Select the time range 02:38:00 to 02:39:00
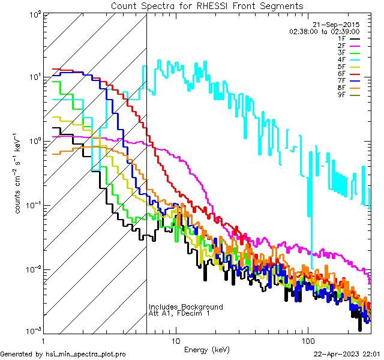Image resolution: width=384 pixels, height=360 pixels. tap(325, 31)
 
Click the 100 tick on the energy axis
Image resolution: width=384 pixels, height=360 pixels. tap(307, 340)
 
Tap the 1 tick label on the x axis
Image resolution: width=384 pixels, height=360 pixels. tap(45, 340)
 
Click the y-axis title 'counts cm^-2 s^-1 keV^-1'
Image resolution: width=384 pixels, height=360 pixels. tap(19, 172)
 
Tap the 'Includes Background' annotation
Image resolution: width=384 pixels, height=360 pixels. tap(186, 307)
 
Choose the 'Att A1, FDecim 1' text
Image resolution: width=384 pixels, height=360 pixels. tap(179, 314)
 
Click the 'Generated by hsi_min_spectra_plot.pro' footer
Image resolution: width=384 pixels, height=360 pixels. tap(63, 354)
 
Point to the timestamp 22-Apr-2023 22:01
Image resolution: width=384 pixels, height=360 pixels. tap(347, 354)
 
